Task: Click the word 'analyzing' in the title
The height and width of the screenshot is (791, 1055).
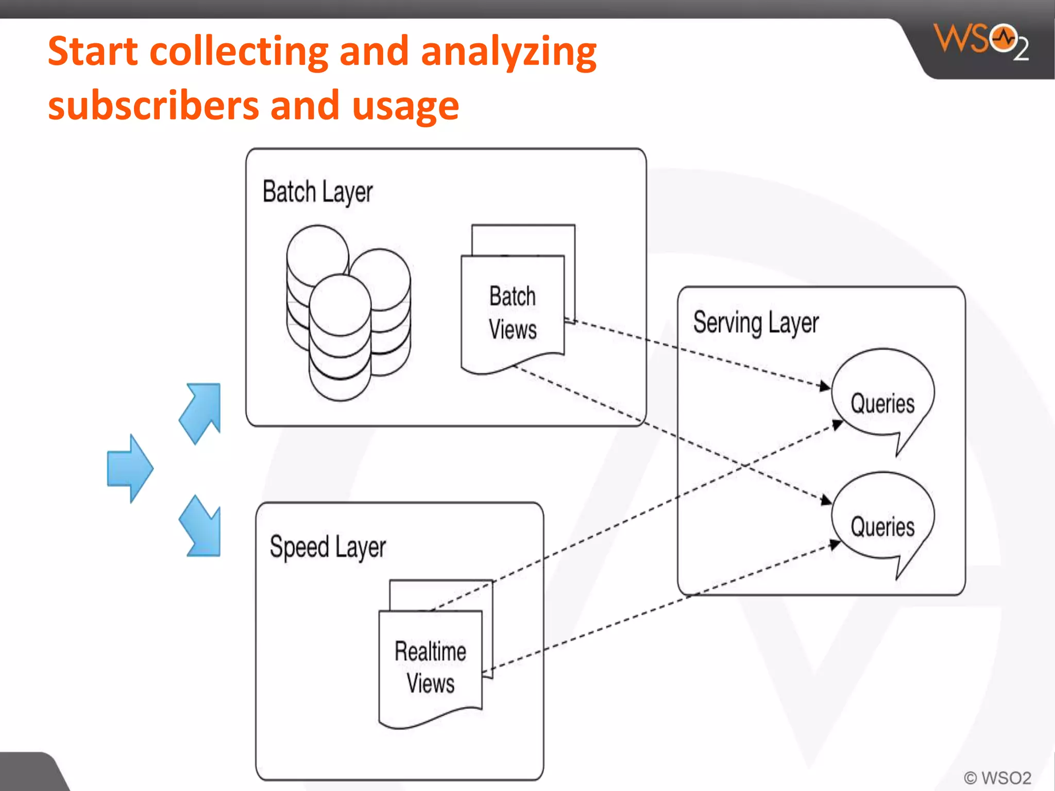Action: tap(508, 52)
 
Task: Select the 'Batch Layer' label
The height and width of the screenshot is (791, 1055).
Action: tap(317, 192)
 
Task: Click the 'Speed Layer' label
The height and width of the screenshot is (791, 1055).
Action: tap(328, 547)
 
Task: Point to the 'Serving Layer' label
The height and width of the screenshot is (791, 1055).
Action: tap(756, 323)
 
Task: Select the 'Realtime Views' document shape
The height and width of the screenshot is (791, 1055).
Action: tap(430, 667)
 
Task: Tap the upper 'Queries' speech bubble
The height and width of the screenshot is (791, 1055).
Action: tap(882, 399)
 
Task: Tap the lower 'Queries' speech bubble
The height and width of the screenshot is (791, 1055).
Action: tap(882, 523)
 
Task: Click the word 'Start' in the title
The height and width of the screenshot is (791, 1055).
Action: tap(93, 52)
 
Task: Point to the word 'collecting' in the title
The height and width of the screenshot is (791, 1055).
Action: tap(239, 52)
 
